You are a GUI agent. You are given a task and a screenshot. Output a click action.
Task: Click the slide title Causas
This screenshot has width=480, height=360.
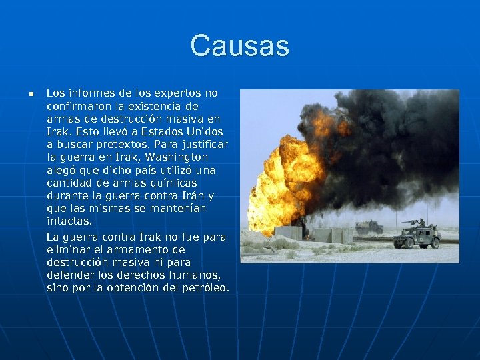pos(239,46)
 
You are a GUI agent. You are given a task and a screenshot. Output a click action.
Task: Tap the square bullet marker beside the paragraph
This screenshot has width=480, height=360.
pos(30,94)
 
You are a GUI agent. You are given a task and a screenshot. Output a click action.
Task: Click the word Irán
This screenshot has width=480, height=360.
pos(189,195)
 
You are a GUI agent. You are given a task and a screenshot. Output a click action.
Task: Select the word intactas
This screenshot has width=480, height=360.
pos(69,221)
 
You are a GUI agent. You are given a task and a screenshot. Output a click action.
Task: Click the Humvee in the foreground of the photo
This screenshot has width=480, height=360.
pos(417,235)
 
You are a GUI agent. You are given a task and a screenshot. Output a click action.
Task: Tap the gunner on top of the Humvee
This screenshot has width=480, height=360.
pos(421,223)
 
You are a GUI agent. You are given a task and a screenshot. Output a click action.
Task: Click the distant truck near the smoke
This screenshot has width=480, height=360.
pos(369,227)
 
